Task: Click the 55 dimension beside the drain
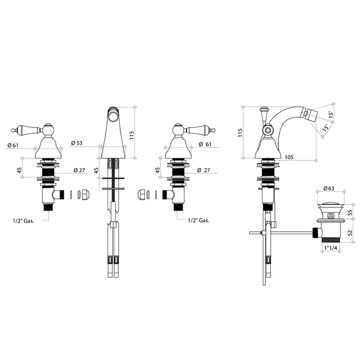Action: (350, 212)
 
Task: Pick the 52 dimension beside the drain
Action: (350, 232)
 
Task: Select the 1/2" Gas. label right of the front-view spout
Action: (198, 220)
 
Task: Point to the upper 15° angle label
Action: (331, 116)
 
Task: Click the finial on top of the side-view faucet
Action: (264, 110)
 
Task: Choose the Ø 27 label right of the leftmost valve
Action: (79, 170)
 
